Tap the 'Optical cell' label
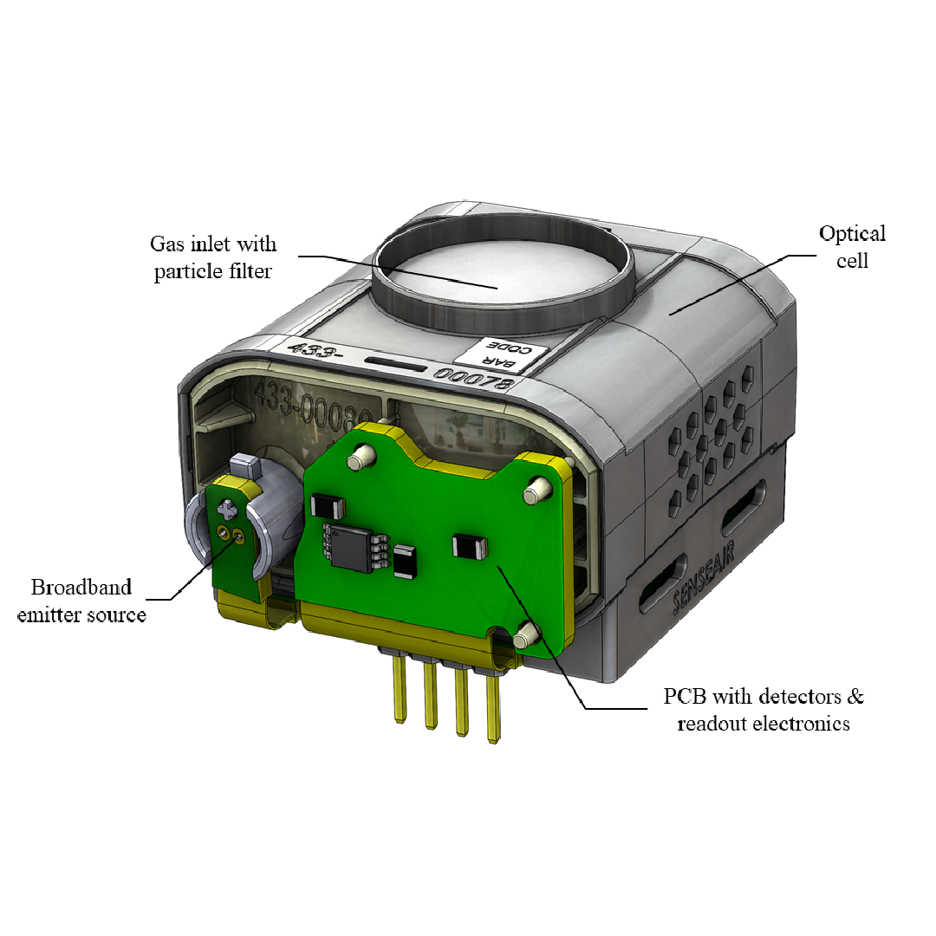point(852,246)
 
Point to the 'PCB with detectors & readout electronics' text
point(763,709)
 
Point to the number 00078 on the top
point(475,379)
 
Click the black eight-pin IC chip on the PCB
point(348,547)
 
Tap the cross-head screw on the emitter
point(228,508)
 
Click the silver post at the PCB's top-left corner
point(362,454)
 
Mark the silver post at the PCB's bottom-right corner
point(523,640)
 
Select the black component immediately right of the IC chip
point(405,561)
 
